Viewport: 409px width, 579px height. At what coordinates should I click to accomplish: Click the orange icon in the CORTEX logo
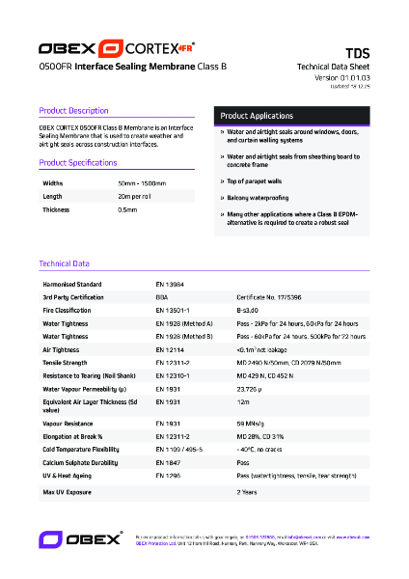111,48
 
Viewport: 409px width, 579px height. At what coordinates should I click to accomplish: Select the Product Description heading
73,111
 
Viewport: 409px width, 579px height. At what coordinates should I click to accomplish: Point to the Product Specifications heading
79,162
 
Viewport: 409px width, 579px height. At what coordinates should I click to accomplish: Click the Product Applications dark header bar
291,115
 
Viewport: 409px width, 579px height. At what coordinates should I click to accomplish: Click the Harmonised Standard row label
72,285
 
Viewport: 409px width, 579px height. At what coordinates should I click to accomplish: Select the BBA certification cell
161,298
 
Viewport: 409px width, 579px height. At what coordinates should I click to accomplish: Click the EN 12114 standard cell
169,349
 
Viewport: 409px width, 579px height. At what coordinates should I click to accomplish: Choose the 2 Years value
247,492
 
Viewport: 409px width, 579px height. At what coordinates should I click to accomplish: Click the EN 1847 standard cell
167,462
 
